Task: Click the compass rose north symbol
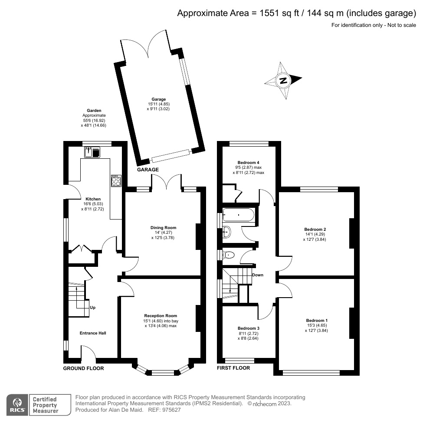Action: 283,81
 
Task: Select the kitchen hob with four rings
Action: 116,180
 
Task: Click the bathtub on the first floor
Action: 239,214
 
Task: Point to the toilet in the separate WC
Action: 228,255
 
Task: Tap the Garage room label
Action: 158,99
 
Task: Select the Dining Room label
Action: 163,227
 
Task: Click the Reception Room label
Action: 161,316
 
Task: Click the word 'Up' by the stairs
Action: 92,308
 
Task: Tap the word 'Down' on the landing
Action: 257,275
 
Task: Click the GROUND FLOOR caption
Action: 83,368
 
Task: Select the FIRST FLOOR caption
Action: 233,368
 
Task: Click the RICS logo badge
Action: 17,403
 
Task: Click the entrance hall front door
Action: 89,353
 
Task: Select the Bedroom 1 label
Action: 317,320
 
